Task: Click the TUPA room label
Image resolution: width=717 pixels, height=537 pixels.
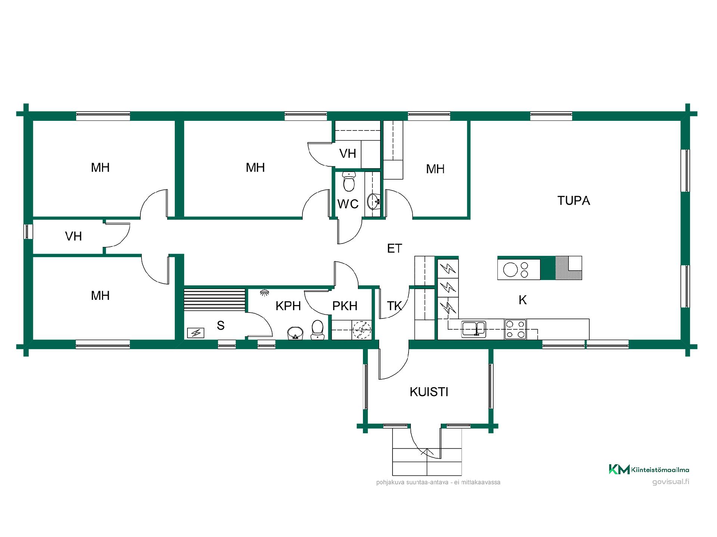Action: [x=574, y=201]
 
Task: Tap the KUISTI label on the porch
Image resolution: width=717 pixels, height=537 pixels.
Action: [x=429, y=392]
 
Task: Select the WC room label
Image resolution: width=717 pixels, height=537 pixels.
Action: [x=348, y=204]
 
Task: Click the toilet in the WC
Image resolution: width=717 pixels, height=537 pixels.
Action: [x=348, y=182]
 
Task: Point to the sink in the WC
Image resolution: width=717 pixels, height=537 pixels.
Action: [x=374, y=202]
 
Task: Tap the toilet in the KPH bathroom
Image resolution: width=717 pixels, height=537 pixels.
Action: [x=317, y=330]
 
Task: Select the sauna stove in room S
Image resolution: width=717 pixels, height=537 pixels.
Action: [x=195, y=332]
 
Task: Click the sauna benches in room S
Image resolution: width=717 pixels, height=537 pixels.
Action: [x=215, y=299]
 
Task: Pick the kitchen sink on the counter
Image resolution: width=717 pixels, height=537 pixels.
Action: [x=474, y=329]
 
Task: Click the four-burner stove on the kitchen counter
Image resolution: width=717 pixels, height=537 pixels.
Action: [x=515, y=329]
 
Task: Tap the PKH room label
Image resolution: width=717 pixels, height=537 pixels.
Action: [x=345, y=306]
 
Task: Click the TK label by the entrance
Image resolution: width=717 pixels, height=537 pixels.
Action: [x=394, y=306]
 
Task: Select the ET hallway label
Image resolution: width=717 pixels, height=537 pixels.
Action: [x=394, y=248]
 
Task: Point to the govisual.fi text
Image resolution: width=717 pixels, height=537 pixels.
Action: [x=671, y=481]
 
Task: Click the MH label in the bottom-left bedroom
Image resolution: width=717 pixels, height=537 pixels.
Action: [x=100, y=296]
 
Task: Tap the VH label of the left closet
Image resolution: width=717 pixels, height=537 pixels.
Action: [x=73, y=236]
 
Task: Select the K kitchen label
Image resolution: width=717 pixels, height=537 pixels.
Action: [x=522, y=300]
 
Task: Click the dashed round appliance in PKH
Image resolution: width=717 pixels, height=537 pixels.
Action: [x=361, y=330]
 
